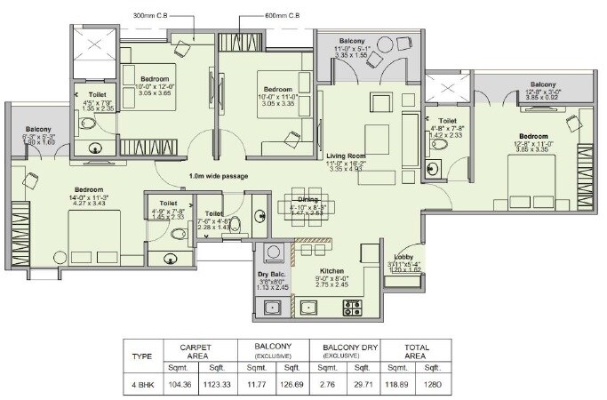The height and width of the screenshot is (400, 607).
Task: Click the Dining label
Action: click(307, 199)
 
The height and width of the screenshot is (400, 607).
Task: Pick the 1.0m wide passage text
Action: click(218, 176)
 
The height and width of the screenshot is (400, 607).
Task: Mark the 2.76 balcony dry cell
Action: click(330, 384)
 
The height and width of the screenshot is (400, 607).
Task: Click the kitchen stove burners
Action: click(352, 308)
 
